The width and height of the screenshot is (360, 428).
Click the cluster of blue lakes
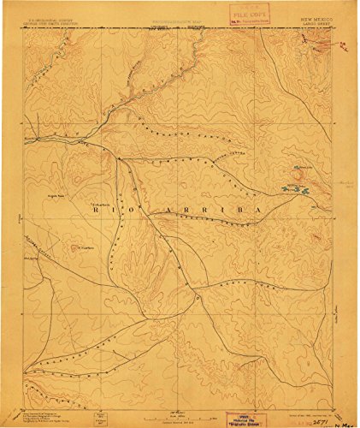click(296, 188)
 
